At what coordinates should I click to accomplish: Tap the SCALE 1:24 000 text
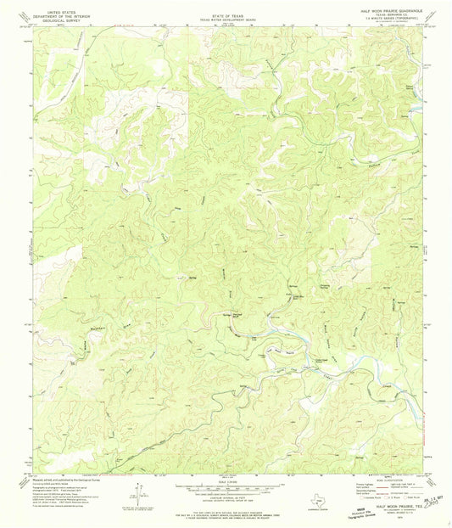pyautogui.click(x=225, y=479)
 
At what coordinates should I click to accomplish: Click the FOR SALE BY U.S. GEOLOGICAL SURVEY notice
pyautogui.click(x=225, y=506)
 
